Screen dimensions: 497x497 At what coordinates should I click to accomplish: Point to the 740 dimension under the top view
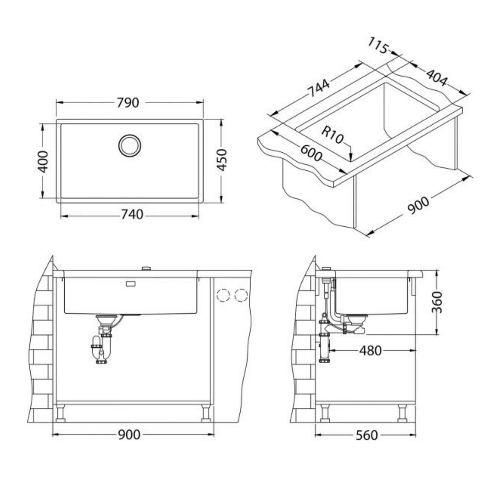pos(132,214)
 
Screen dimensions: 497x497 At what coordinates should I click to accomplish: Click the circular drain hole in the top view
pos(130,145)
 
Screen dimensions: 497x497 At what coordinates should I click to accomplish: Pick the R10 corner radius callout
pos(332,135)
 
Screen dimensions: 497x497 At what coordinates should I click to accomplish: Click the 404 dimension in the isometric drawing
pos(436,77)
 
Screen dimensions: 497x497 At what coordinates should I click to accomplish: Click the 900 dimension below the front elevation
pos(129,435)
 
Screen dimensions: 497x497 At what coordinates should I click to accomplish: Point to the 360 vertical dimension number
pos(438,302)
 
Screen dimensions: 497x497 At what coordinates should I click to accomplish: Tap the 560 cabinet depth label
pos(366,435)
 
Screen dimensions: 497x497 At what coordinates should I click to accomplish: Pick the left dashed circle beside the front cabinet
pos(224,295)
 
